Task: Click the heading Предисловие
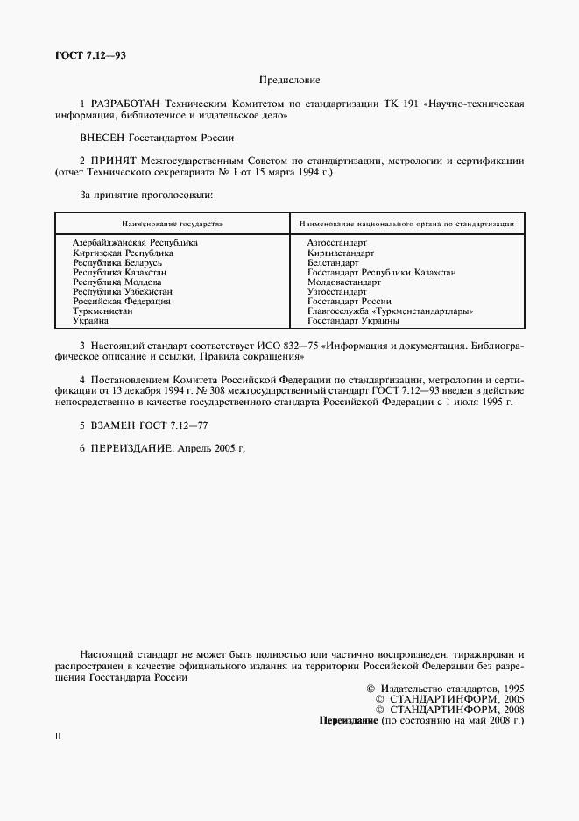pos(289,80)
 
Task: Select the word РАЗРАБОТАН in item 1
pos(131,104)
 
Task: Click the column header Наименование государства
pos(173,225)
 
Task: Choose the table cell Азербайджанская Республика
pos(135,241)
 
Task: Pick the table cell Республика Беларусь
pos(117,262)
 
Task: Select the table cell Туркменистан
pos(103,311)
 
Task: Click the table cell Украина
pos(91,322)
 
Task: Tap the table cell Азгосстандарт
pos(337,241)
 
